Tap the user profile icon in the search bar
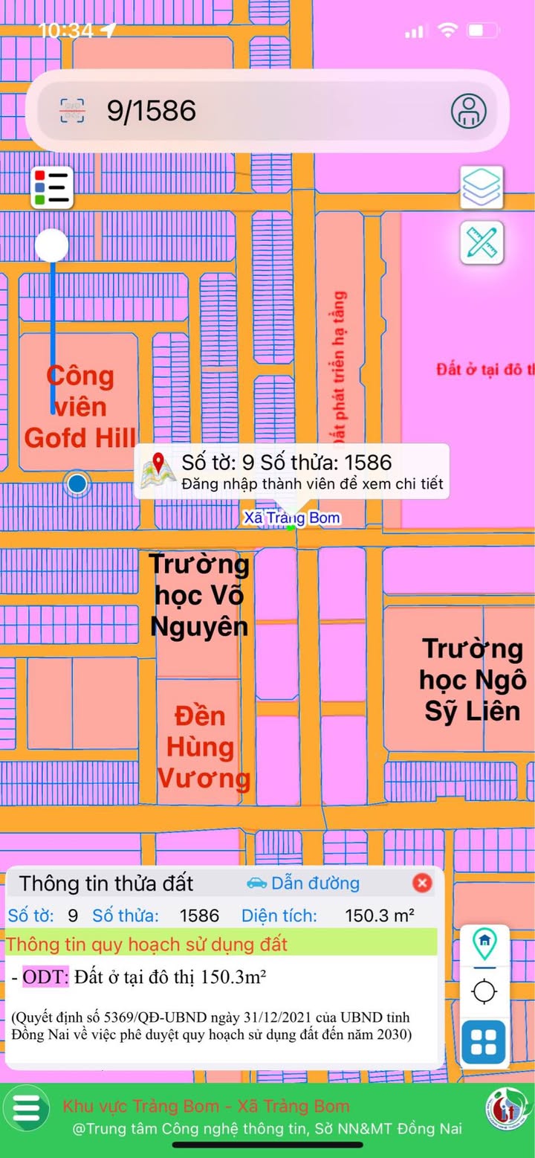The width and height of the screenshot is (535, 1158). point(469,111)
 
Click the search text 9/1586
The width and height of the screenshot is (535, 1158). point(152,111)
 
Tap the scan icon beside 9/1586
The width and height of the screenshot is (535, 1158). point(72,111)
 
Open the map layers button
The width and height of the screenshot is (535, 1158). point(481,187)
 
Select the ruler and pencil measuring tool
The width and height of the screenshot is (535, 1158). point(481,242)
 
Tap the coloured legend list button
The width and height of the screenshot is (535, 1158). point(52,187)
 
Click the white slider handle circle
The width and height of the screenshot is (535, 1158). point(52,245)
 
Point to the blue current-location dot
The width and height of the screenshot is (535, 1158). point(77,485)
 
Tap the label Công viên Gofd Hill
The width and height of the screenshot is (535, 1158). point(80,407)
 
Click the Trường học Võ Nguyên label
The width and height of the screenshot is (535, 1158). point(199,595)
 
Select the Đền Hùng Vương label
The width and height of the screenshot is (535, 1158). point(204,747)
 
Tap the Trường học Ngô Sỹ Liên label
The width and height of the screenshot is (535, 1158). point(473,680)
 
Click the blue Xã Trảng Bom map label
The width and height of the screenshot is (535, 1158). point(292,518)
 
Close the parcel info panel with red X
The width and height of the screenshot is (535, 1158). point(422,883)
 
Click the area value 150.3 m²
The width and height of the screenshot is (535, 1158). point(380,916)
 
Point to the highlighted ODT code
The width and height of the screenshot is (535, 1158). point(45,977)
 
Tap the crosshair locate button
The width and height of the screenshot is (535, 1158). point(484,991)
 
